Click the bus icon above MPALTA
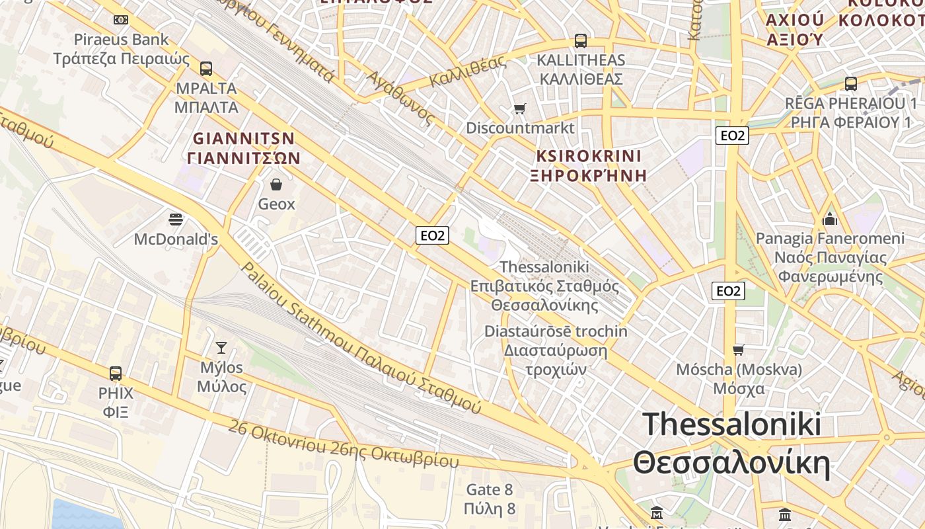pyautogui.click(x=206, y=68)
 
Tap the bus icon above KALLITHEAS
pyautogui.click(x=581, y=41)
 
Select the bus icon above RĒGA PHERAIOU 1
pyautogui.click(x=850, y=84)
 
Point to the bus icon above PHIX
pyautogui.click(x=116, y=374)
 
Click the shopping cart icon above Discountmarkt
pyautogui.click(x=520, y=108)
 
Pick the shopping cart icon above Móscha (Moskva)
pyautogui.click(x=738, y=350)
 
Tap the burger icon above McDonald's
pyautogui.click(x=176, y=219)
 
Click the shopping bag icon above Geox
pyautogui.click(x=276, y=184)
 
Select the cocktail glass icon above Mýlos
pyautogui.click(x=221, y=347)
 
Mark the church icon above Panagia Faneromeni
pyautogui.click(x=830, y=219)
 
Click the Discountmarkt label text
pyautogui.click(x=521, y=128)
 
